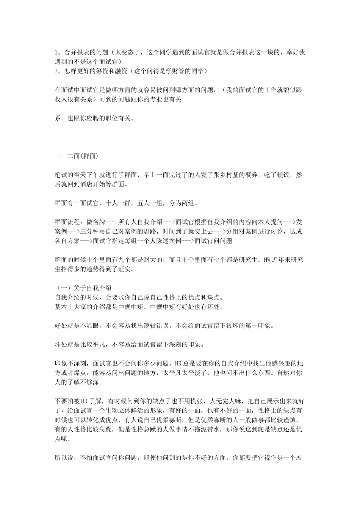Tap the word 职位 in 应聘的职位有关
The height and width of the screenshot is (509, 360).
pyautogui.click(x=105, y=118)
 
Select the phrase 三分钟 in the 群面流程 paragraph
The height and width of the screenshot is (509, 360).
pyautogui.click(x=90, y=231)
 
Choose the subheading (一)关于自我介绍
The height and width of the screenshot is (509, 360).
pyautogui.click(x=83, y=288)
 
